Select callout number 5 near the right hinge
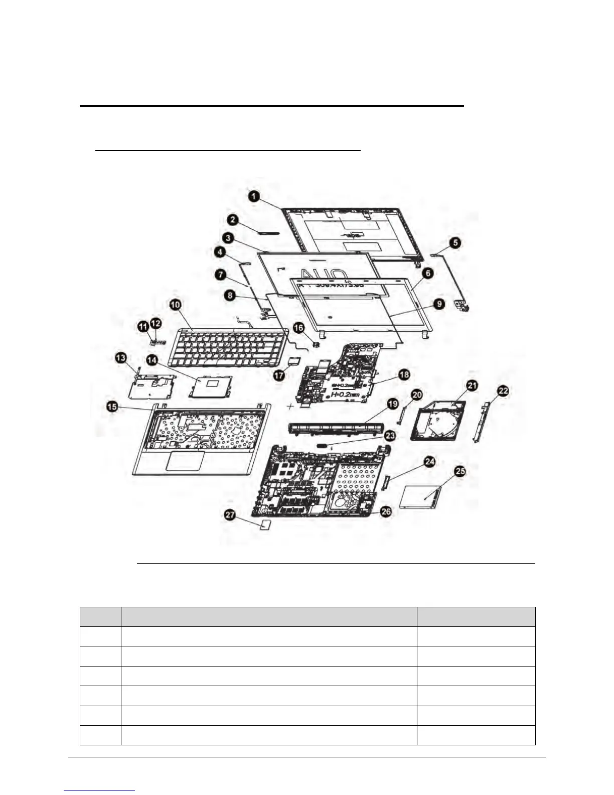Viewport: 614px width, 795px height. click(454, 243)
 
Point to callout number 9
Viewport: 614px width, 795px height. click(439, 304)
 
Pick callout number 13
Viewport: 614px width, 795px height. click(121, 358)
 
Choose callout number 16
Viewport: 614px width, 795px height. click(298, 328)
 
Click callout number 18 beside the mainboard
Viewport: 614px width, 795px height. click(404, 374)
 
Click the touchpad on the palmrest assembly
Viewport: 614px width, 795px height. click(185, 460)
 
